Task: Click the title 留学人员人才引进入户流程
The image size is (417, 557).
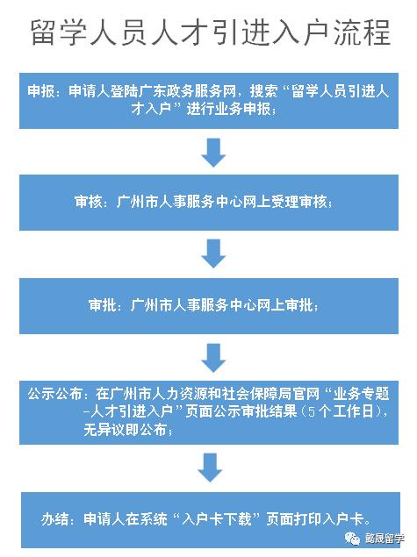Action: pos(211,32)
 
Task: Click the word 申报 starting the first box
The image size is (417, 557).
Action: pos(41,91)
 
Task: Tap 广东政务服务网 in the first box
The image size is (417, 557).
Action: pos(187,91)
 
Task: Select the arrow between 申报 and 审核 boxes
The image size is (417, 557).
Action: pos(213,153)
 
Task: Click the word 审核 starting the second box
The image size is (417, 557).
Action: pos(89,202)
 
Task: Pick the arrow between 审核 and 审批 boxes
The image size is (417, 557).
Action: pos(213,254)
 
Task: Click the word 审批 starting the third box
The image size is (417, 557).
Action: pos(103,305)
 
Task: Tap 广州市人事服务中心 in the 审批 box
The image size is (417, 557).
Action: pos(192,305)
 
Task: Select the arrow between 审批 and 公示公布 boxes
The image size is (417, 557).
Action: pos(213,358)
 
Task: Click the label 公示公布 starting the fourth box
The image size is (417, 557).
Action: pos(55,394)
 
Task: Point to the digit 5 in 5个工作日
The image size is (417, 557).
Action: pos(312,411)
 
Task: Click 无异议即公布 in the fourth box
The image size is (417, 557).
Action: pos(126,430)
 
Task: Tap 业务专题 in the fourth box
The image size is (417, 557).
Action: pos(361,394)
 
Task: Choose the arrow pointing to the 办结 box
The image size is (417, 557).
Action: pos(210,468)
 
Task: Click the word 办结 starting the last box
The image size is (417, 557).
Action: pos(54,519)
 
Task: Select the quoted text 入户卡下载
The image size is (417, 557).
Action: pos(217,519)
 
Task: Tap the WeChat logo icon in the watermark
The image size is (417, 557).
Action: pos(352,539)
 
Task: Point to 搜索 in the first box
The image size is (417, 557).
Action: pos(263,91)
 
